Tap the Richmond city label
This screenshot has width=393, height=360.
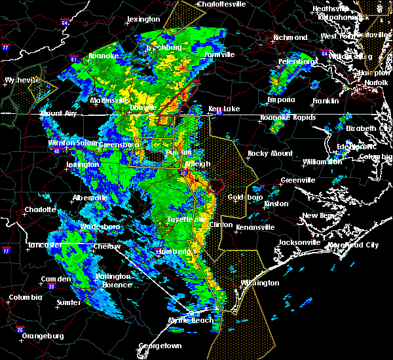pyautogui.click(x=289, y=37)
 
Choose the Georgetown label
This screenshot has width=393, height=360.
pyautogui.click(x=159, y=346)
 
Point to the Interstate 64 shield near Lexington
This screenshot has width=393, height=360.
pyautogui.click(x=64, y=22)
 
